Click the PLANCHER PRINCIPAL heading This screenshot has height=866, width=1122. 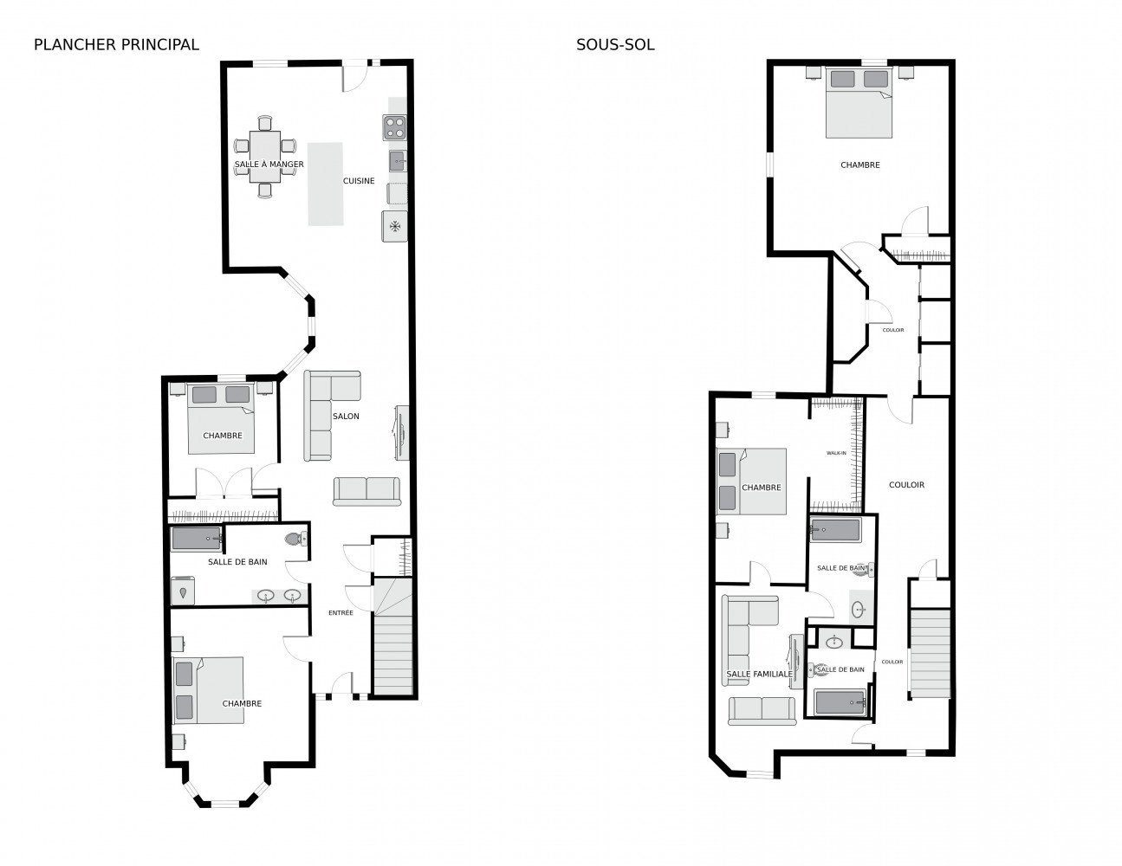pos(116,45)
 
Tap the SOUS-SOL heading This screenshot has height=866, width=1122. pos(615,45)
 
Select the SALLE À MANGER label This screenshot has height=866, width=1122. pos(269,165)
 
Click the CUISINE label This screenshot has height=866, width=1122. pos(359,181)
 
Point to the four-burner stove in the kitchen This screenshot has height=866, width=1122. pos(394,127)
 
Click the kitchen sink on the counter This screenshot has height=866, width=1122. pos(397,161)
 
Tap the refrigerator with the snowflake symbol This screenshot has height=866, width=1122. pos(394,226)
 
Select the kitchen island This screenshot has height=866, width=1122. pos(326,184)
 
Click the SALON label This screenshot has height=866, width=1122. pos(346,416)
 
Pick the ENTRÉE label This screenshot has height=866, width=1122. pos(340,612)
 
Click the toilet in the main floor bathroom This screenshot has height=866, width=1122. pos(295,540)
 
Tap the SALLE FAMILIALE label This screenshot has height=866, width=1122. pos(759,674)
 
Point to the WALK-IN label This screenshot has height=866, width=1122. pos(836,453)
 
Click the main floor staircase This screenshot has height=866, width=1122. pos(393,637)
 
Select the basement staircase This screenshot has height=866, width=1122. pos(930,653)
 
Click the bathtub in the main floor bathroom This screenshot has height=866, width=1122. pos(198,539)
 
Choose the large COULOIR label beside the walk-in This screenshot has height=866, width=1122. pos(906,485)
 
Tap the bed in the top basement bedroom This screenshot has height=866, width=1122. pos(859,102)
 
